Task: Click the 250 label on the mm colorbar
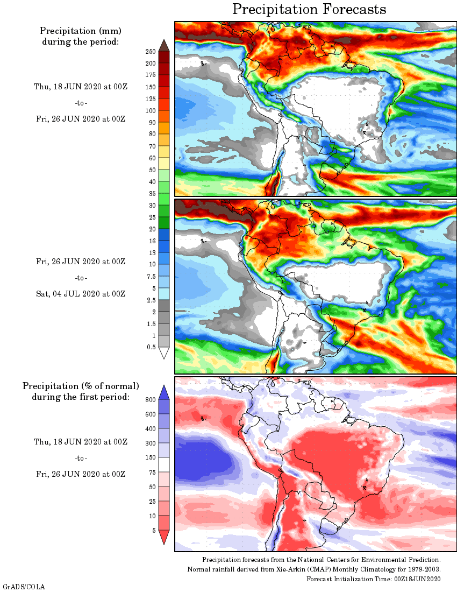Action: click(150, 52)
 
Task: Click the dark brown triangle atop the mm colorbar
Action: click(164, 45)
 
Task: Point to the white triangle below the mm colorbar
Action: click(164, 353)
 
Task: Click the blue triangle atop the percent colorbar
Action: click(164, 392)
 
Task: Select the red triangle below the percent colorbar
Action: click(164, 537)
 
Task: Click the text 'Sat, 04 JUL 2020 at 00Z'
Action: click(81, 294)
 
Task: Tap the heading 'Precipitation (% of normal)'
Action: click(81, 386)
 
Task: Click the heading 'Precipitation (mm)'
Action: click(81, 31)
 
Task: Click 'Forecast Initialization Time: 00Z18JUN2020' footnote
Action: click(374, 579)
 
